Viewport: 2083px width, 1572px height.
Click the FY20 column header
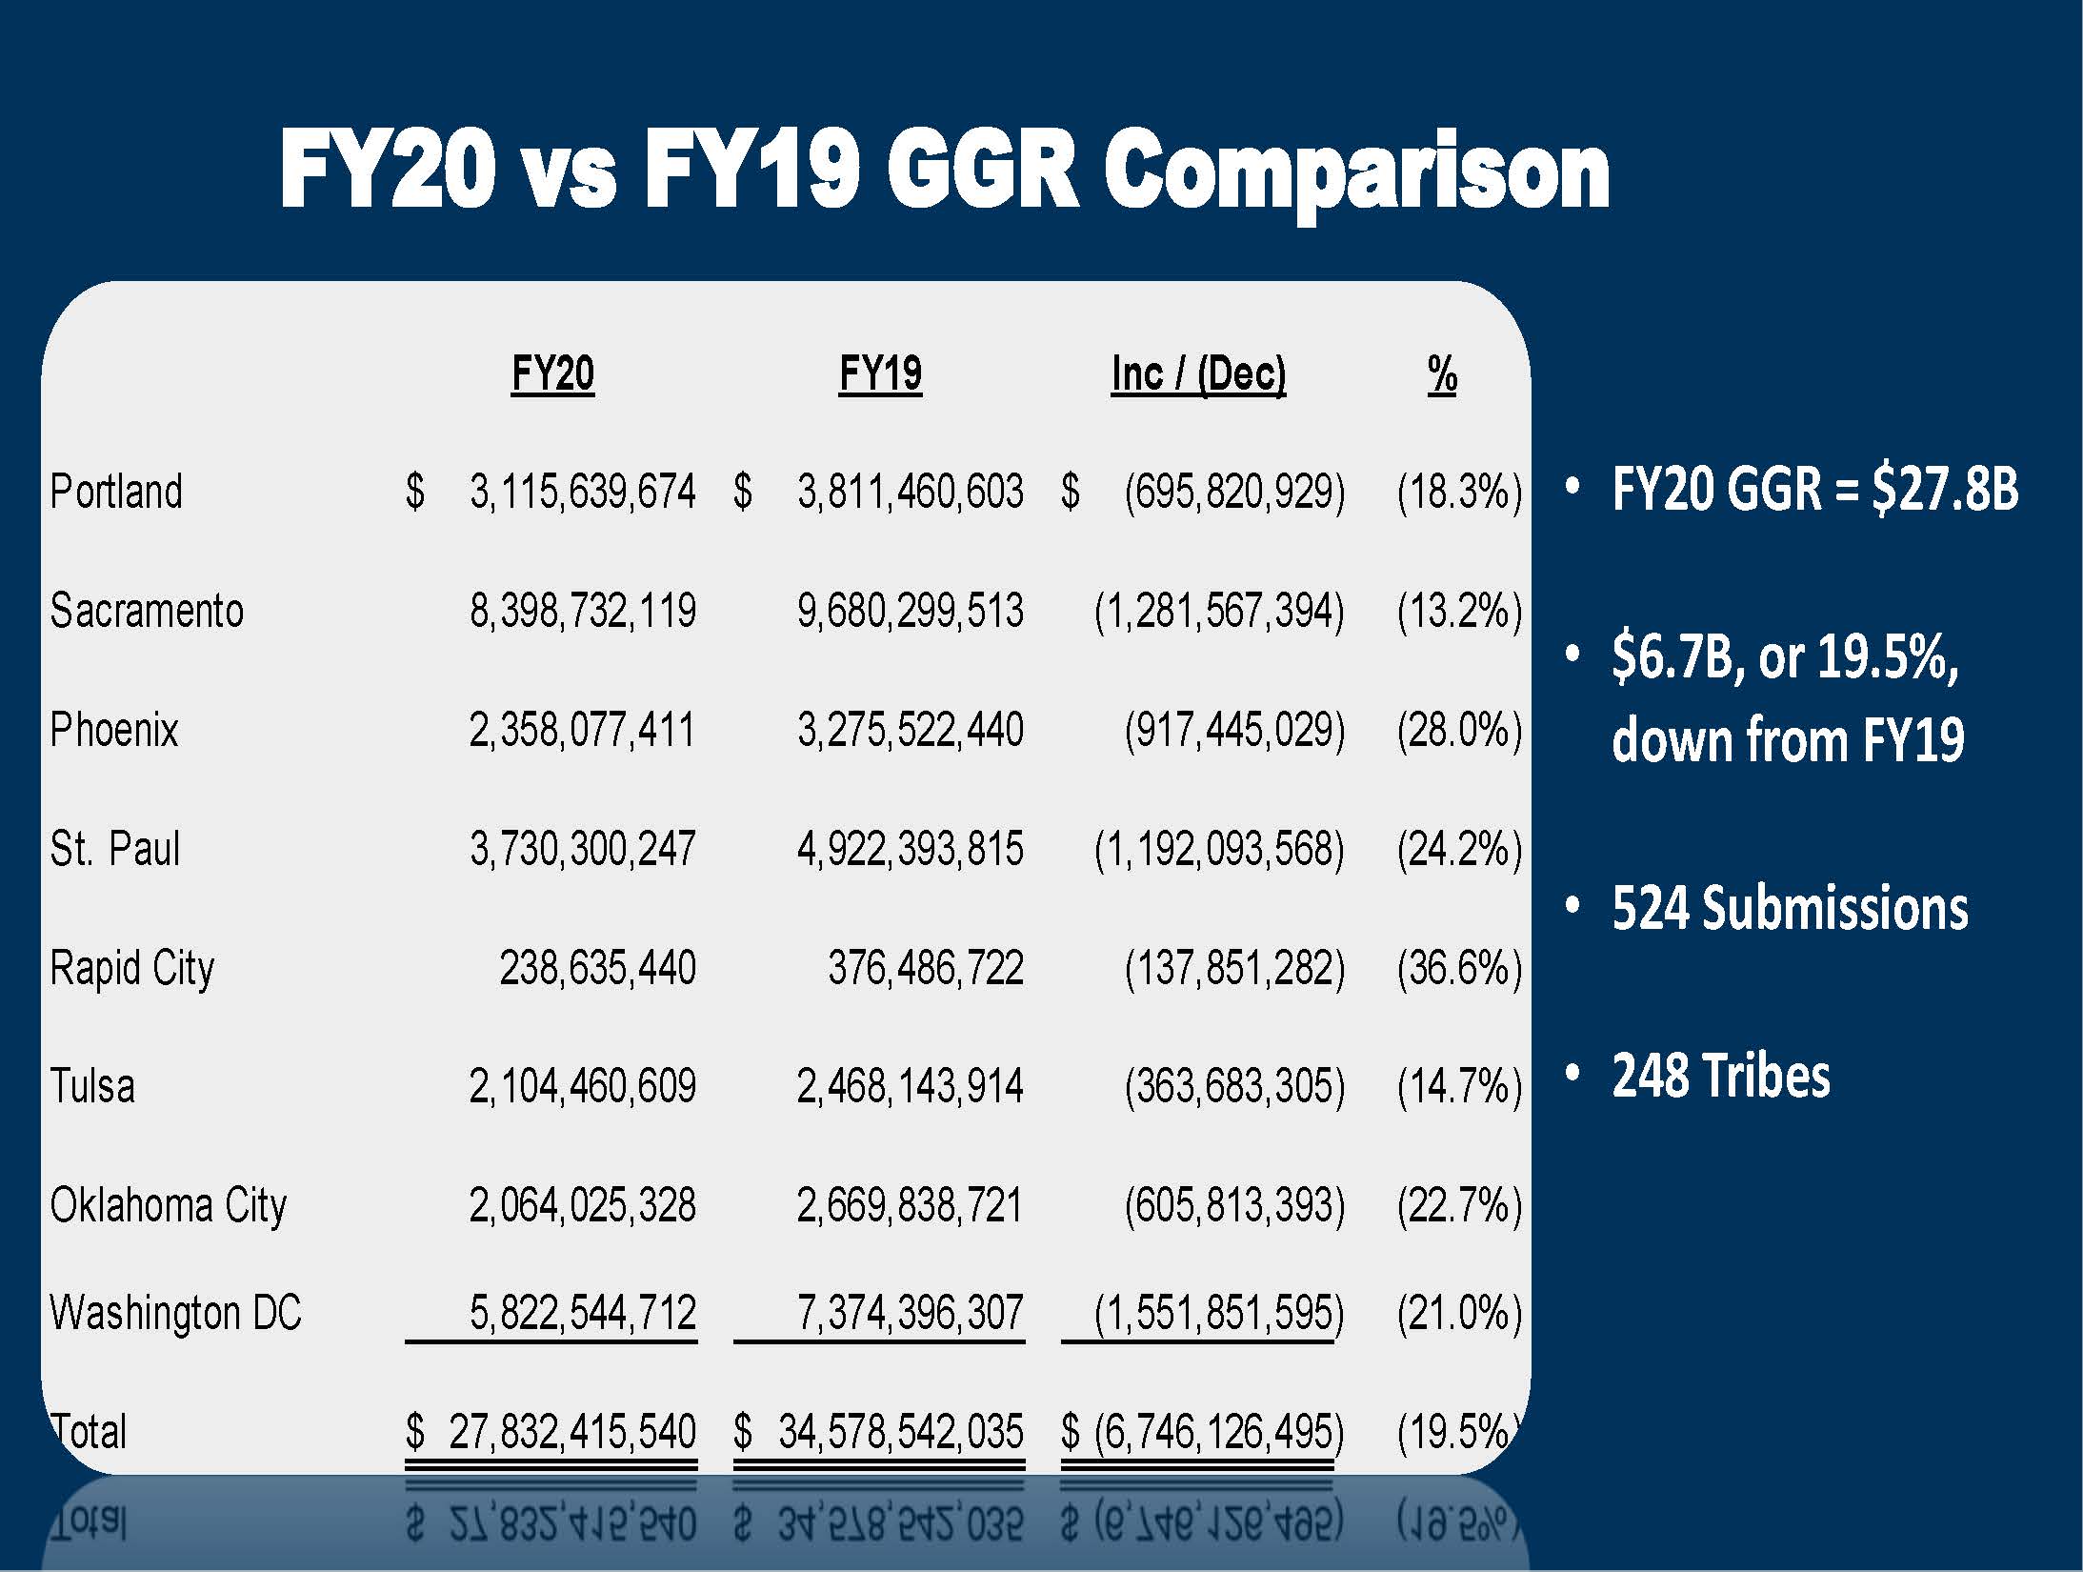pyautogui.click(x=552, y=373)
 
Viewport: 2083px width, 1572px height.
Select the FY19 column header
pyautogui.click(x=880, y=373)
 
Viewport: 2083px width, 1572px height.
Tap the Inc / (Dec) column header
pyautogui.click(x=1198, y=373)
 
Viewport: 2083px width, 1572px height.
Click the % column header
pyautogui.click(x=1442, y=373)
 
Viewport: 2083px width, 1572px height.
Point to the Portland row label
pyautogui.click(x=116, y=492)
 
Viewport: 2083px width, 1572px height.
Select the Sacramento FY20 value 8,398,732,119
pyautogui.click(x=583, y=611)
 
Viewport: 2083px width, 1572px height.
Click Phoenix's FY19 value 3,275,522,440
pyautogui.click(x=911, y=730)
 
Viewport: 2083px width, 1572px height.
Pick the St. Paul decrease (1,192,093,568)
pyautogui.click(x=1219, y=849)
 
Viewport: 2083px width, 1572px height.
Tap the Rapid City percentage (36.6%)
pyautogui.click(x=1459, y=968)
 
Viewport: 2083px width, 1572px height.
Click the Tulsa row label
pyautogui.click(x=92, y=1086)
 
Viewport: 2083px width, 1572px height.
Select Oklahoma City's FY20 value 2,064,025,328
pyautogui.click(x=583, y=1205)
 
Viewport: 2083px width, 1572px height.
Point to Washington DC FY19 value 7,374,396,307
pyautogui.click(x=911, y=1313)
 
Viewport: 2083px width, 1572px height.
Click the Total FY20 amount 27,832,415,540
pyautogui.click(x=572, y=1432)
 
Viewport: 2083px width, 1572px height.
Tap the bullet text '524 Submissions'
pyautogui.click(x=1790, y=908)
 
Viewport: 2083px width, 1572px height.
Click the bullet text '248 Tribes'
pyautogui.click(x=1721, y=1077)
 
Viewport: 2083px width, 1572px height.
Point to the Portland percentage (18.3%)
pyautogui.click(x=1459, y=492)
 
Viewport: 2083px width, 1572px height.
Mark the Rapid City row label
pyautogui.click(x=132, y=968)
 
